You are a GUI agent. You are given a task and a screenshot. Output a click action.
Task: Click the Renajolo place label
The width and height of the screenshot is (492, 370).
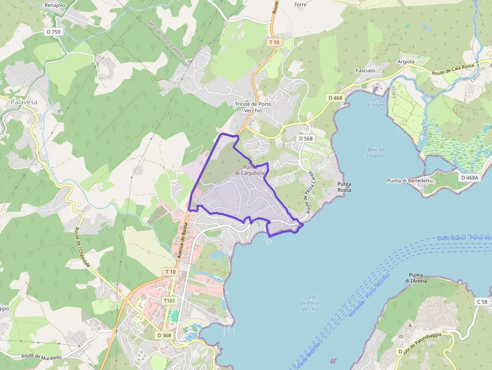tap(55, 5)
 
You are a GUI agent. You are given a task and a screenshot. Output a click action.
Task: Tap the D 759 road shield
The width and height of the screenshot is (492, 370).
tap(54, 32)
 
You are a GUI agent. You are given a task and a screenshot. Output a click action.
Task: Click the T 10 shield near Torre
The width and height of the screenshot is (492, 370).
tap(274, 43)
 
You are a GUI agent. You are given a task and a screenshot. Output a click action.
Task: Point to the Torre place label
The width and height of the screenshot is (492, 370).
tap(300, 5)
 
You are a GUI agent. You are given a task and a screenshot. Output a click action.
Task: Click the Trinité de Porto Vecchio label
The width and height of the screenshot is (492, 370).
tap(253, 107)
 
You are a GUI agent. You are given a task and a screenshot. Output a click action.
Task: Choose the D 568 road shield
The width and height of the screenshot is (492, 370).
tap(305, 139)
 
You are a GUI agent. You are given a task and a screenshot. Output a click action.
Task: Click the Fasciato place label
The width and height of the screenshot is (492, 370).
tap(365, 70)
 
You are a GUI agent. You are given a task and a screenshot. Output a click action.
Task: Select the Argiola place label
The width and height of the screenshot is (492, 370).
tap(406, 61)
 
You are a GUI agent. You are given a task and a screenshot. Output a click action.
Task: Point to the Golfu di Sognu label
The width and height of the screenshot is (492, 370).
tap(376, 102)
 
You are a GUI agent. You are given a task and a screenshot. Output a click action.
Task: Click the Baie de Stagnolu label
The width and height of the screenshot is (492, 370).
tap(376, 153)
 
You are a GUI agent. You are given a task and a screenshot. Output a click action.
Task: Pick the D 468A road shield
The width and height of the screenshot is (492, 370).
tap(469, 177)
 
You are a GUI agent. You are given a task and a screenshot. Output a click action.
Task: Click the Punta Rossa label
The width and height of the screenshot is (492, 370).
tap(344, 187)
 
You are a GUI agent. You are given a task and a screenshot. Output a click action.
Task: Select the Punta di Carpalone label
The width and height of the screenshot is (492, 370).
tap(250, 170)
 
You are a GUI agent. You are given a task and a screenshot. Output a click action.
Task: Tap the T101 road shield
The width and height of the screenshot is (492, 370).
tap(169, 300)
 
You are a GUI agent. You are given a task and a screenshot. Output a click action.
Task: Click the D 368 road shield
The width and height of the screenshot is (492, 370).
tap(164, 335)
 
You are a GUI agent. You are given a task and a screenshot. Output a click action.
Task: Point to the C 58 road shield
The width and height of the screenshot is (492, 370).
tap(482, 302)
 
